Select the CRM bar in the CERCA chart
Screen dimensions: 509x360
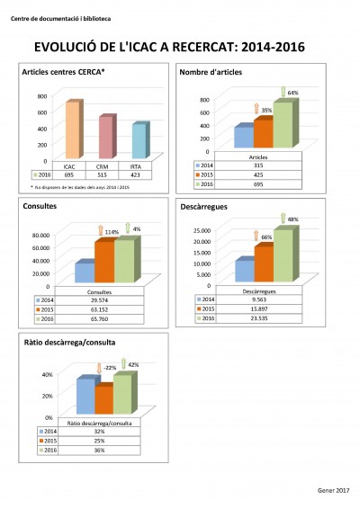point(106,138)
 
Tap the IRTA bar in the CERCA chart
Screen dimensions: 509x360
point(139,142)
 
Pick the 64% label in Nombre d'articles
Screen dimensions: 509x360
point(292,93)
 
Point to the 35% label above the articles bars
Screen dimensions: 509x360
point(266,110)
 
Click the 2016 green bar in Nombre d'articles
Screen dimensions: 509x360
point(283,124)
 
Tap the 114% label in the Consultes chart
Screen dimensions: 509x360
point(112,232)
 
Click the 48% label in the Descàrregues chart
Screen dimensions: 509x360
point(292,219)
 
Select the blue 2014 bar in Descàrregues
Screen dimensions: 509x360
point(244,271)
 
